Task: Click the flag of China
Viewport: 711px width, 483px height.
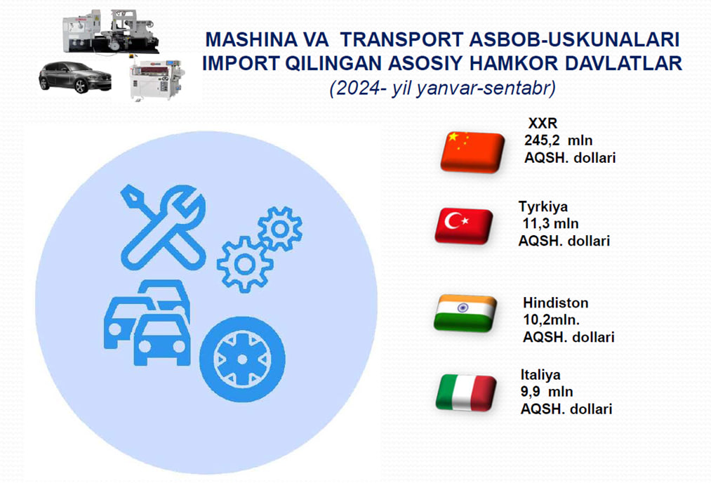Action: [x=472, y=152]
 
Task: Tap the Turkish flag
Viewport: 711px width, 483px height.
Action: [x=464, y=226]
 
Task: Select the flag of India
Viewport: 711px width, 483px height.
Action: [x=465, y=313]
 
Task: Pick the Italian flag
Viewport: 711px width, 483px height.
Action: [x=466, y=392]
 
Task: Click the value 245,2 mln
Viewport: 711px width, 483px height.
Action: [x=558, y=140]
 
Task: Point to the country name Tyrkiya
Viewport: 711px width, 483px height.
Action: [x=543, y=207]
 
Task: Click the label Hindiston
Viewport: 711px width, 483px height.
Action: [x=555, y=303]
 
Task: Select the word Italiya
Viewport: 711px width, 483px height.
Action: [x=540, y=375]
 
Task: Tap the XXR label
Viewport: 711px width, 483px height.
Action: [x=543, y=123]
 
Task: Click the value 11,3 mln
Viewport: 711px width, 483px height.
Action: [x=550, y=223]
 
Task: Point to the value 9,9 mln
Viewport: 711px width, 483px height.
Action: [x=547, y=392]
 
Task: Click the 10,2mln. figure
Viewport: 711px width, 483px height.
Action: [x=552, y=320]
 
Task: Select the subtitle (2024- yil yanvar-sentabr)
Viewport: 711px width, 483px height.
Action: [x=443, y=88]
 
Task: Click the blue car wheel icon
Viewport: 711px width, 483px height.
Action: [x=243, y=359]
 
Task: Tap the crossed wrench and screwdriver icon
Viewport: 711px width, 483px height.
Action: [x=164, y=227]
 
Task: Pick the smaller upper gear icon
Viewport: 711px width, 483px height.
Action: [x=280, y=229]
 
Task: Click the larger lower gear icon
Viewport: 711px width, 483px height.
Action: [x=245, y=265]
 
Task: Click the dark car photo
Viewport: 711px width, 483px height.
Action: [x=75, y=77]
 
